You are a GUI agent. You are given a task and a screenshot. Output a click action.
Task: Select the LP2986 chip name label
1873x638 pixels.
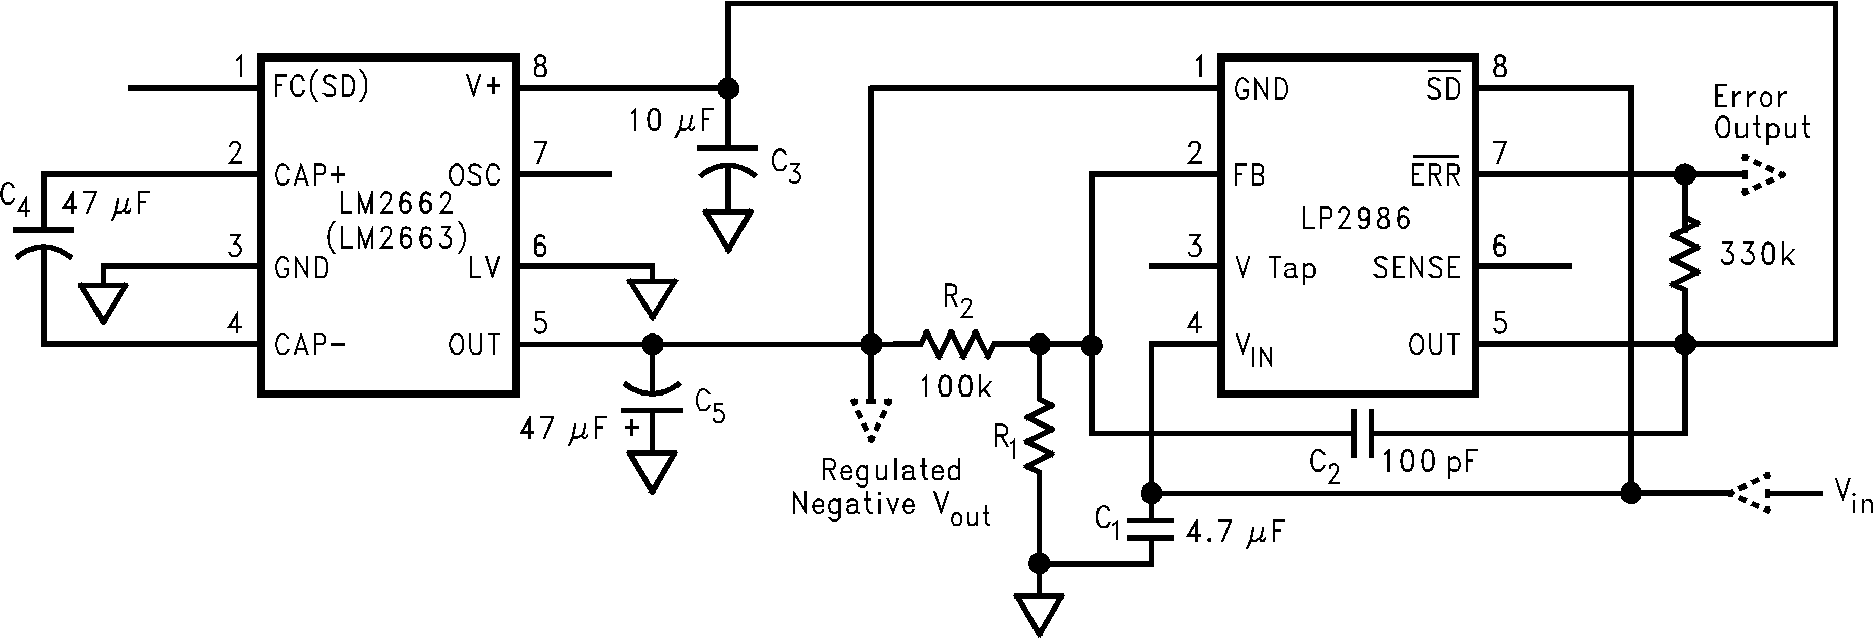[x=1356, y=218]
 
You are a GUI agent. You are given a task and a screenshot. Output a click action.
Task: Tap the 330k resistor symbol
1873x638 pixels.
[x=1684, y=253]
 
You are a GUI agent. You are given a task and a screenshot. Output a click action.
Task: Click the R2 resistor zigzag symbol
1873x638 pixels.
[x=956, y=344]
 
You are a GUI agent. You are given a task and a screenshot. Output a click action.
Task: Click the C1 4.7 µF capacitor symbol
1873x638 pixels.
[x=1150, y=530]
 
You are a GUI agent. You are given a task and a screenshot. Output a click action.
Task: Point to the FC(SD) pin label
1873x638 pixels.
[x=320, y=88]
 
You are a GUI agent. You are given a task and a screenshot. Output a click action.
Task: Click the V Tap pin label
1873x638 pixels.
[x=1275, y=268]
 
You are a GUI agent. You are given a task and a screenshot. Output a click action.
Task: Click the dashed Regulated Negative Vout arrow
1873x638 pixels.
[x=870, y=420]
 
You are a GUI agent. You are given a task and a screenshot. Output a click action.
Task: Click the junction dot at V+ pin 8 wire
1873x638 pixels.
[x=728, y=88]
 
